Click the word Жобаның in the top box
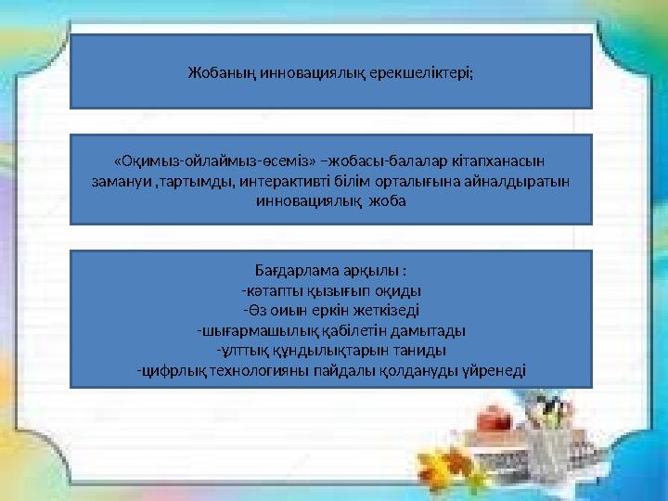[212, 71]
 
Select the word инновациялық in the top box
[302, 71]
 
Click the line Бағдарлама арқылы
[330, 271]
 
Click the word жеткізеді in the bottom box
[397, 310]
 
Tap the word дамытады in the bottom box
[430, 329]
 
